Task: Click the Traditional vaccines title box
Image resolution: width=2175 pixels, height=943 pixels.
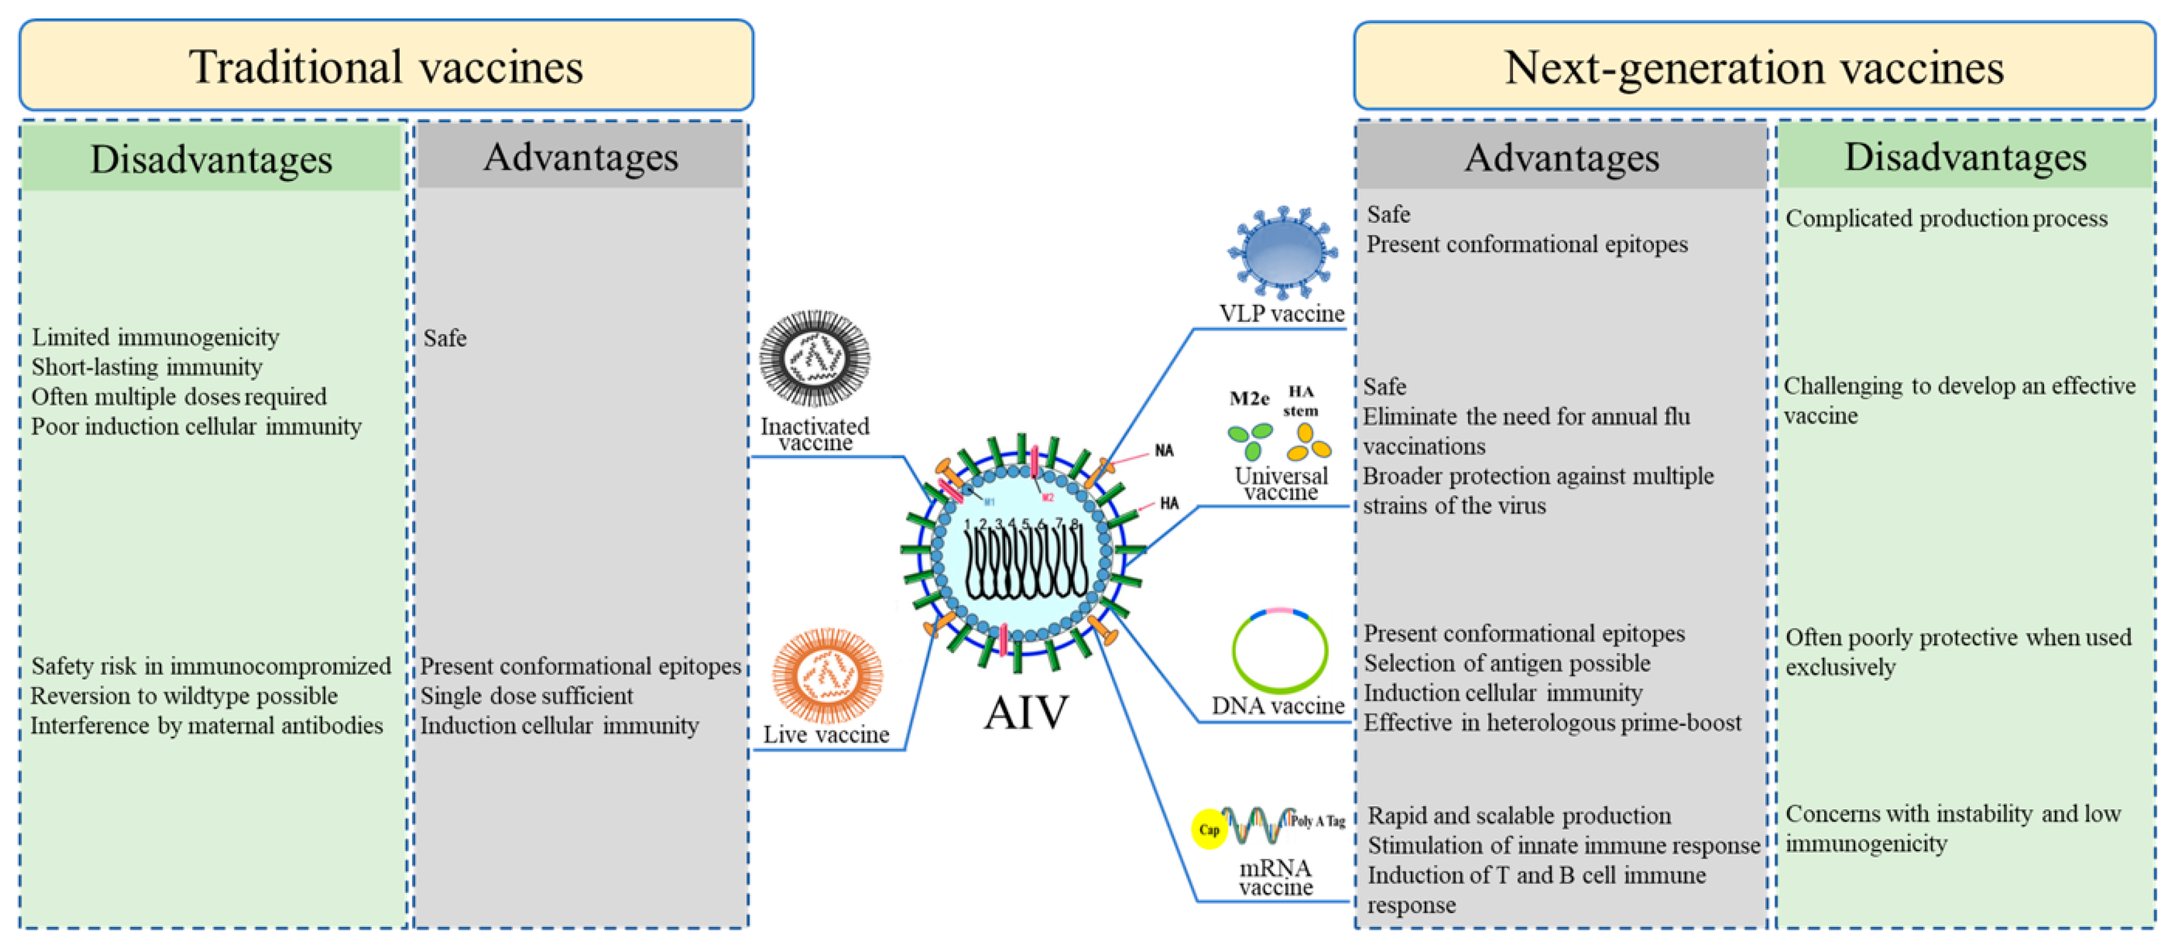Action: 386,66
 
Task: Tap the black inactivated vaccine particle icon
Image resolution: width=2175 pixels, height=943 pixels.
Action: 814,358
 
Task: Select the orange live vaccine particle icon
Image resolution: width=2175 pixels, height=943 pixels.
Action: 827,675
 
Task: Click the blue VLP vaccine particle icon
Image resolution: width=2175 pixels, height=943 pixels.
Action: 1282,252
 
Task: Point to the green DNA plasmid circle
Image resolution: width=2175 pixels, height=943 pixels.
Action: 1279,650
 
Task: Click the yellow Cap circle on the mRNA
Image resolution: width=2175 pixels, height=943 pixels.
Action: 1209,829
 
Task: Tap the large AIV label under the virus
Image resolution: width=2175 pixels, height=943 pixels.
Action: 1026,712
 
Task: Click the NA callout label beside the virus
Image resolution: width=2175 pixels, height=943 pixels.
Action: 1164,450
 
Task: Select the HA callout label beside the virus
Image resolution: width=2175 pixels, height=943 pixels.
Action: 1169,503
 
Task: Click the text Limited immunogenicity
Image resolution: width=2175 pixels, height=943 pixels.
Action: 156,337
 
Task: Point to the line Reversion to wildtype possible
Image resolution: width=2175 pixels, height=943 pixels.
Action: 184,695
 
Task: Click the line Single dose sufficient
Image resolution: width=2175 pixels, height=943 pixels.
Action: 526,695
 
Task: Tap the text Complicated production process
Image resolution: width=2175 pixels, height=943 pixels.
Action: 1946,219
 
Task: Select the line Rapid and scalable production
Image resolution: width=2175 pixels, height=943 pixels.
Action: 1519,816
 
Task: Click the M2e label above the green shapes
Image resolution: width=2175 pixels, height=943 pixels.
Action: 1249,398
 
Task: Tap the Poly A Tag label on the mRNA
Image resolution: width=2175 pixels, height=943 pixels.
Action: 1318,820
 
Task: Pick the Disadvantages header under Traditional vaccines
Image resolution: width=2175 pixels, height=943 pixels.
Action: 211,159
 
